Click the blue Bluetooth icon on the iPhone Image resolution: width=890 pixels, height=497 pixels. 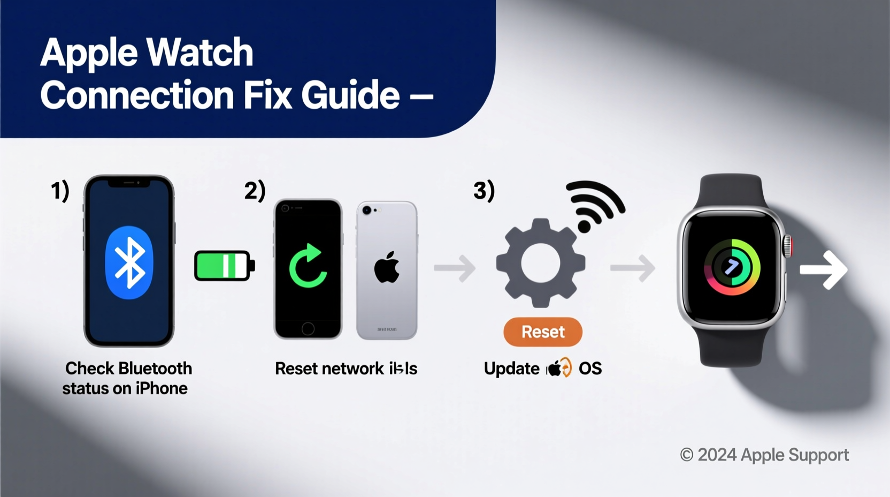[129, 262]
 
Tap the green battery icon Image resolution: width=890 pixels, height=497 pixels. [224, 266]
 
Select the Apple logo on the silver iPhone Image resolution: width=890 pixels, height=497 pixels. [387, 267]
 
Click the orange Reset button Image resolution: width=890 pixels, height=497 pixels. [542, 332]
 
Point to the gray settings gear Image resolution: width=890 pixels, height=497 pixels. [540, 263]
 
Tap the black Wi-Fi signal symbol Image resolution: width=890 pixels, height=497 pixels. [594, 206]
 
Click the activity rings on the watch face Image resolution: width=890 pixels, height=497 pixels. [732, 267]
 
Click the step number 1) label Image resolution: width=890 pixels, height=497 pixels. [60, 191]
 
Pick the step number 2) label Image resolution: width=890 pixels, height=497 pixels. [255, 191]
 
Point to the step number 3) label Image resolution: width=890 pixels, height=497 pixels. [484, 191]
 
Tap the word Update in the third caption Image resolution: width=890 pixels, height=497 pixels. [511, 368]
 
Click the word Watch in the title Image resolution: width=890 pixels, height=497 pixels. [200, 52]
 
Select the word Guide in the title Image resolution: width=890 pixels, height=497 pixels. [350, 95]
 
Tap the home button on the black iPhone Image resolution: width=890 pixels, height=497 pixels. [308, 328]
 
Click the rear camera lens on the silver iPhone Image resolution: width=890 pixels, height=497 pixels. [367, 210]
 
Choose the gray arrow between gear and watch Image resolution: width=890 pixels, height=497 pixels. [633, 268]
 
